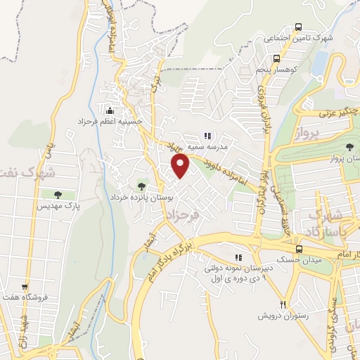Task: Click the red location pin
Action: (181, 166)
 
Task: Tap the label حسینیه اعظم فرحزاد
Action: (110, 122)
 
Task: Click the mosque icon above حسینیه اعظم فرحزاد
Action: (110, 110)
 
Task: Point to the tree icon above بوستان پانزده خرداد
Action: (141, 186)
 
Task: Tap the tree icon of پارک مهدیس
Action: (57, 194)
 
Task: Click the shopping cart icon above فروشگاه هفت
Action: (25, 287)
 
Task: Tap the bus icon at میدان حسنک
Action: (300, 249)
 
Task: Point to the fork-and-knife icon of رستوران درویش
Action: (283, 305)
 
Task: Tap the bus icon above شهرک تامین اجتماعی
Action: (298, 26)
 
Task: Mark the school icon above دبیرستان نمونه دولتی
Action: (238, 257)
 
